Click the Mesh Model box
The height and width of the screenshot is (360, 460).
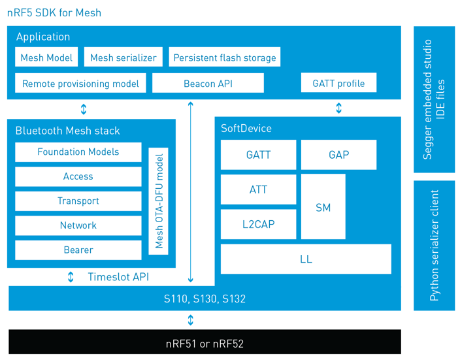[46, 57]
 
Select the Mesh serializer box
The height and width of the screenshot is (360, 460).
[123, 57]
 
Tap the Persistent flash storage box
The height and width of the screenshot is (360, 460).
[224, 57]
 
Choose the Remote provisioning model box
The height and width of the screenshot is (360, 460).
[80, 83]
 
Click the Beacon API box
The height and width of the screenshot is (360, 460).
[208, 83]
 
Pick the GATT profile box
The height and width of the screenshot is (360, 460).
[338, 83]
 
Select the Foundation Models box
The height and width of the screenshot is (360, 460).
[78, 152]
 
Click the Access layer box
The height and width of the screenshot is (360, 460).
[78, 176]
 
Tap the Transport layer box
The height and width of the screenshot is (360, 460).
[78, 201]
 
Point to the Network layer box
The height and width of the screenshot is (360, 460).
[78, 225]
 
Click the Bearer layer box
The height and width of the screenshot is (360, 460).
[78, 250]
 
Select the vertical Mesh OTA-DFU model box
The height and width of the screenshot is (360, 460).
[158, 201]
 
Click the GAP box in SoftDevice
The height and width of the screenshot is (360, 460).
[338, 155]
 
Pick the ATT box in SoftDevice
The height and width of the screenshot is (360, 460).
[258, 189]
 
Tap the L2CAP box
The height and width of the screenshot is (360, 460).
[258, 224]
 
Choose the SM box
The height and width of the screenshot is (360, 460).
[323, 206]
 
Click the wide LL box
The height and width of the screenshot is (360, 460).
[306, 259]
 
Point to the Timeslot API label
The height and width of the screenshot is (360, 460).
[118, 276]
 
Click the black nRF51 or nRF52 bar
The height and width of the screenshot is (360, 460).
[205, 342]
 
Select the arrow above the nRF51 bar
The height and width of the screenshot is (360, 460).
[190, 319]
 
